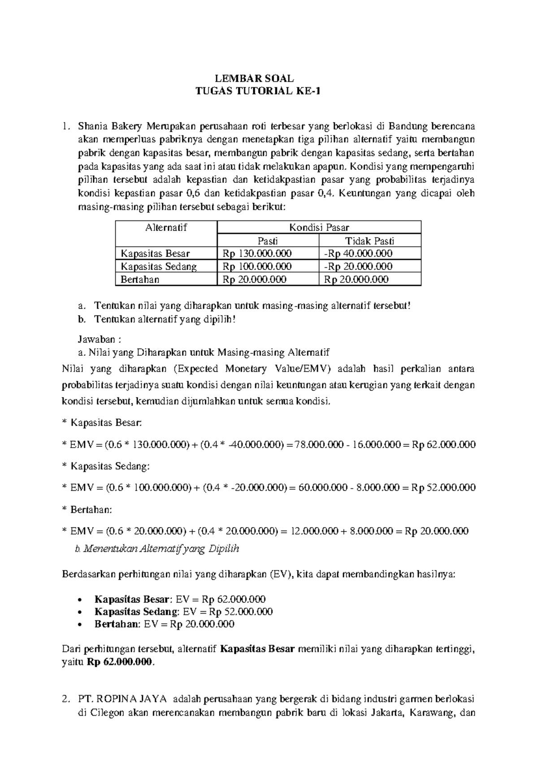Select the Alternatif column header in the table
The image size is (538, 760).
click(x=166, y=227)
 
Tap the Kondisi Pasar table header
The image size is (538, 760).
click(x=319, y=227)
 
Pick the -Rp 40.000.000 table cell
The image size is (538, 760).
click(x=358, y=253)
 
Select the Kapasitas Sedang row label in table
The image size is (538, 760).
click(x=159, y=266)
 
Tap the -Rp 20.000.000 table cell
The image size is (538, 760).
click(x=358, y=266)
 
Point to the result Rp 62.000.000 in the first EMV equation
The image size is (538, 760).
click(x=444, y=445)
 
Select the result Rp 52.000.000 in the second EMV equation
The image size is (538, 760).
click(x=443, y=488)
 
